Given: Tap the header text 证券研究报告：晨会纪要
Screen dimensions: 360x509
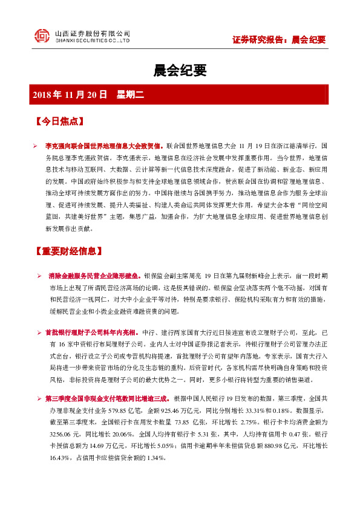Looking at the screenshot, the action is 279,40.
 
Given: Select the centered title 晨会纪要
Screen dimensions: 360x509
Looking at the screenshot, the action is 180,71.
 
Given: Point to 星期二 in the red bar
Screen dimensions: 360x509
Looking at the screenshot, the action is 129,95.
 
